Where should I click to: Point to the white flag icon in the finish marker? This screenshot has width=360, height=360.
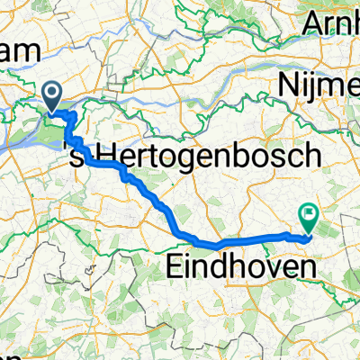310,214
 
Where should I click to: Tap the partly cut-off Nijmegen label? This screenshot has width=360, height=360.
319,86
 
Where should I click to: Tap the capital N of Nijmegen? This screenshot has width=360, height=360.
290,86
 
